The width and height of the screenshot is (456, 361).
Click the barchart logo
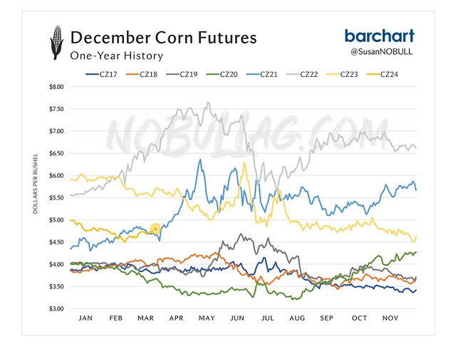point(379,36)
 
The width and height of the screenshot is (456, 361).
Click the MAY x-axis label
point(207,320)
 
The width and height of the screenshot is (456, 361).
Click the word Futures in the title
point(222,37)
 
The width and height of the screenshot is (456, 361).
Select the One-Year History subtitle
point(116,56)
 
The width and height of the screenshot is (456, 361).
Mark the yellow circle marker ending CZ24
point(155,229)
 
